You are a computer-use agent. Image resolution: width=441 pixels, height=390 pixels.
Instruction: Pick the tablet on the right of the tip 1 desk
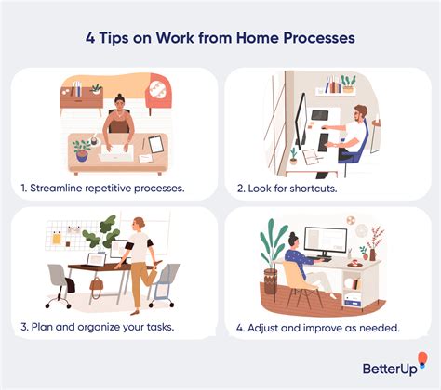coord(155,144)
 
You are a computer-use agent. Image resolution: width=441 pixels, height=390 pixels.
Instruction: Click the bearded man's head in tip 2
coord(363,115)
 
